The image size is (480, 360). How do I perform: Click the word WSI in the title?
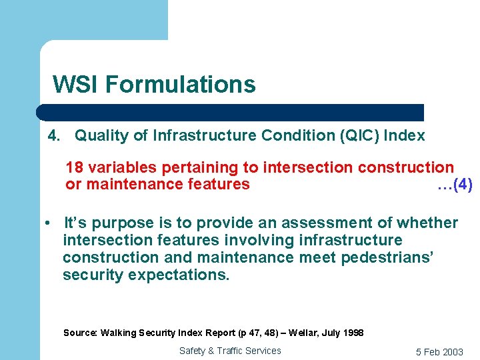tap(75, 85)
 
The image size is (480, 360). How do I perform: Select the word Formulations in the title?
tap(180, 85)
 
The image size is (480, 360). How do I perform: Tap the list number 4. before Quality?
tap(55, 136)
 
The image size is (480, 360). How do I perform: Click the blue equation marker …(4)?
tap(455, 185)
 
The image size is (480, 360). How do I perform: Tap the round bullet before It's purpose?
tap(49, 223)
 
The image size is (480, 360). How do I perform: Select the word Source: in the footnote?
tap(80, 333)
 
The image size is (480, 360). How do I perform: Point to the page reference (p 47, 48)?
tap(255, 333)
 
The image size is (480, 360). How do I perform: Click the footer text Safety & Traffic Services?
tap(230, 351)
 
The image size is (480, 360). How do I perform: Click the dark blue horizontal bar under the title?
tap(230, 112)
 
